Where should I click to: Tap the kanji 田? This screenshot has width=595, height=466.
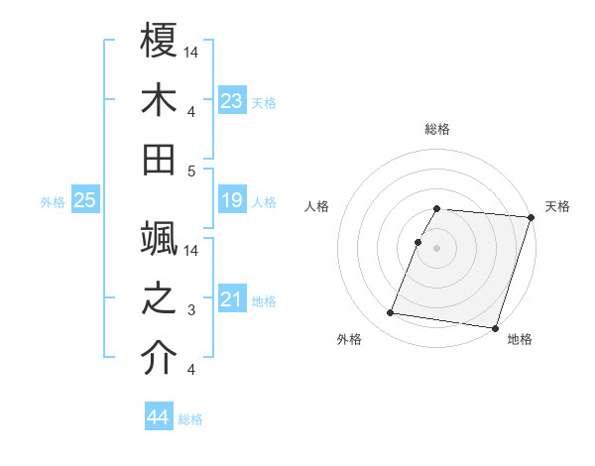(160, 159)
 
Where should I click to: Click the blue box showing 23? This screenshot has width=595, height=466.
(232, 101)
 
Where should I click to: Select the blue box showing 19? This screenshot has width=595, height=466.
(232, 201)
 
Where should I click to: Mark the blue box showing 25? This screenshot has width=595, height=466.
(85, 201)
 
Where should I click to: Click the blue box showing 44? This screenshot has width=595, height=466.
(159, 418)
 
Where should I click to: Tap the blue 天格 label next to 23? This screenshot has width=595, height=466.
(264, 103)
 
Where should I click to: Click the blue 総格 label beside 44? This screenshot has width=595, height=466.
(190, 419)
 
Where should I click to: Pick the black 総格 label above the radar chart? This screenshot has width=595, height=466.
(437, 129)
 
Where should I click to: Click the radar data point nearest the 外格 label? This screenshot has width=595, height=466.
(391, 313)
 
